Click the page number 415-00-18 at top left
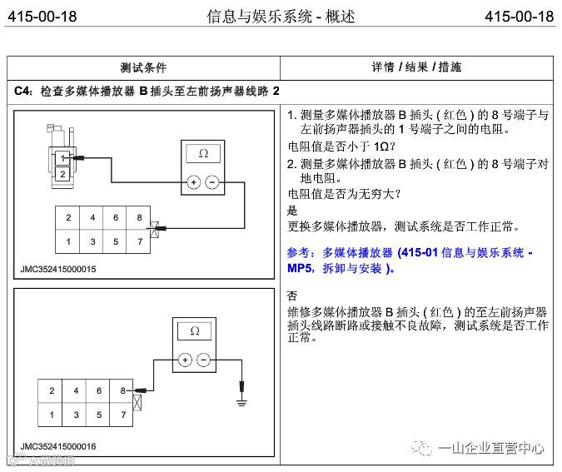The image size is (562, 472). (42, 17)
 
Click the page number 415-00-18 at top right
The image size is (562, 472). (519, 17)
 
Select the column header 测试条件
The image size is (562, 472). (143, 67)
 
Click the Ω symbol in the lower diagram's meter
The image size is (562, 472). (195, 331)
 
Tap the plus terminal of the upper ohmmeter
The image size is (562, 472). (193, 181)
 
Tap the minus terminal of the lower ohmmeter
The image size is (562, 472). (203, 360)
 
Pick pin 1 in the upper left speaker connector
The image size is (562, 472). (62, 158)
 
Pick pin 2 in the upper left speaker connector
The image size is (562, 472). (62, 174)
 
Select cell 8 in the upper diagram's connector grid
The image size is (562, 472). (139, 218)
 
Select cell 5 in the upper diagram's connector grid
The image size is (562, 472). (116, 241)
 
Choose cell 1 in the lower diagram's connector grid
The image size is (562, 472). (52, 414)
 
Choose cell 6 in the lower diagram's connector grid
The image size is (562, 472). (99, 390)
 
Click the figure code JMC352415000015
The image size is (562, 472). (58, 269)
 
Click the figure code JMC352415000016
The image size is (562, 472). (58, 446)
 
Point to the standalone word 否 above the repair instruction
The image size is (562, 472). (291, 296)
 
